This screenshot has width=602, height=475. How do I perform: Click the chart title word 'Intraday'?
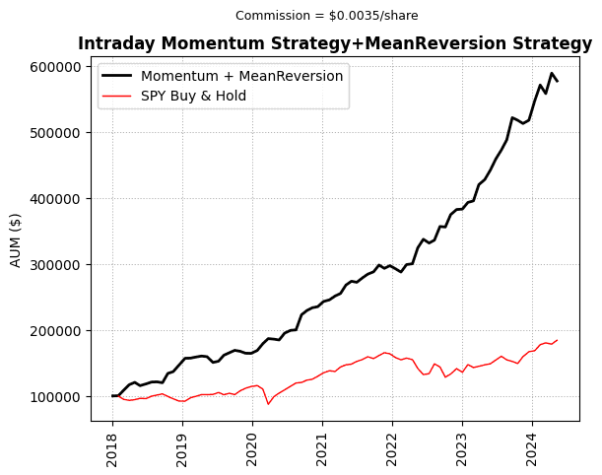[x=111, y=44]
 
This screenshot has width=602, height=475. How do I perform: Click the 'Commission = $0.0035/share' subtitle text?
[x=326, y=15]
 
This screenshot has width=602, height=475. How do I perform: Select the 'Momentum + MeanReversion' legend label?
[x=241, y=76]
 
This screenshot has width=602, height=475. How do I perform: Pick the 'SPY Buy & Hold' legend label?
[x=193, y=96]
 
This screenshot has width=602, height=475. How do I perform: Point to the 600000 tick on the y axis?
[x=56, y=67]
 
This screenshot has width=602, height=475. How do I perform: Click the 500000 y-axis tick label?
[x=56, y=133]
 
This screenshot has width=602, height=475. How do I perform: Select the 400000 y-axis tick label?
[x=56, y=199]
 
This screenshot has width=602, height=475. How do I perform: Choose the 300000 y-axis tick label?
[x=56, y=265]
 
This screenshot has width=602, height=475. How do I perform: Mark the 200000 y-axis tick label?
[x=56, y=331]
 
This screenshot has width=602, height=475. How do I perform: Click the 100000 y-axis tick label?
[x=56, y=397]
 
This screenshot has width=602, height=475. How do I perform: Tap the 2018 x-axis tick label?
[x=112, y=444]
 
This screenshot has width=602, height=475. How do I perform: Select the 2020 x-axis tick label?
[x=252, y=444]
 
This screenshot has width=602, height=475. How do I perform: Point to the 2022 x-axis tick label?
[x=392, y=444]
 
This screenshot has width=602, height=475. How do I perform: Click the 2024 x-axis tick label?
[x=532, y=444]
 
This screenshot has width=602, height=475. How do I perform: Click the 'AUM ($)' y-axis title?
[x=16, y=238]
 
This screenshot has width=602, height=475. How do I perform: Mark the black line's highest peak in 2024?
[x=552, y=73]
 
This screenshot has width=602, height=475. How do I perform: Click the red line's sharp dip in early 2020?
[x=268, y=404]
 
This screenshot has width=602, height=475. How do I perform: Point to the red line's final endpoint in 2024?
[x=557, y=340]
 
